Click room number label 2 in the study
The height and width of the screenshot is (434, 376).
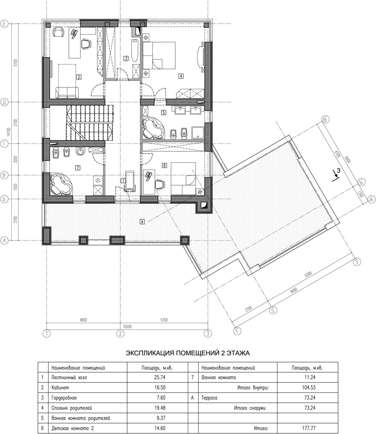point(79,77)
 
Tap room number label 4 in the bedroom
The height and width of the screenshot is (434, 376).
point(181,76)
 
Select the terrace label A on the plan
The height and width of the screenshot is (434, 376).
point(143,222)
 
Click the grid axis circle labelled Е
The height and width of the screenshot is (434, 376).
point(4,24)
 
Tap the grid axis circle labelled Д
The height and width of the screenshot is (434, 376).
point(4,102)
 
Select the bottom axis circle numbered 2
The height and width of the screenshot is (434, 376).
point(120,333)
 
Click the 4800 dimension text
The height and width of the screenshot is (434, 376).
point(83,320)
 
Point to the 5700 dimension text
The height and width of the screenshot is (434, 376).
point(164,320)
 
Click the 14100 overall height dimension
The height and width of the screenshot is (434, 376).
point(9,132)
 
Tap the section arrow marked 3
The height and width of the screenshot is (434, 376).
point(336,174)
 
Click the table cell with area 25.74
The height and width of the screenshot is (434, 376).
point(160,377)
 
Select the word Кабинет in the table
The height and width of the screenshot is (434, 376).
point(60,387)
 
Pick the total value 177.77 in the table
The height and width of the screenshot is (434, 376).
point(309,428)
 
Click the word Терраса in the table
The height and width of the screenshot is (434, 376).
point(209,398)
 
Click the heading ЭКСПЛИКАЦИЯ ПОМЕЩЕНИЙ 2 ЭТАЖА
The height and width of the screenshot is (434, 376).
point(188,353)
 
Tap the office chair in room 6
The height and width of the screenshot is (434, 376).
point(159,184)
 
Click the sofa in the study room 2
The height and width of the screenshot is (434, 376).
point(67,93)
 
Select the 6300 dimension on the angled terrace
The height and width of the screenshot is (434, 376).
point(308,274)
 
